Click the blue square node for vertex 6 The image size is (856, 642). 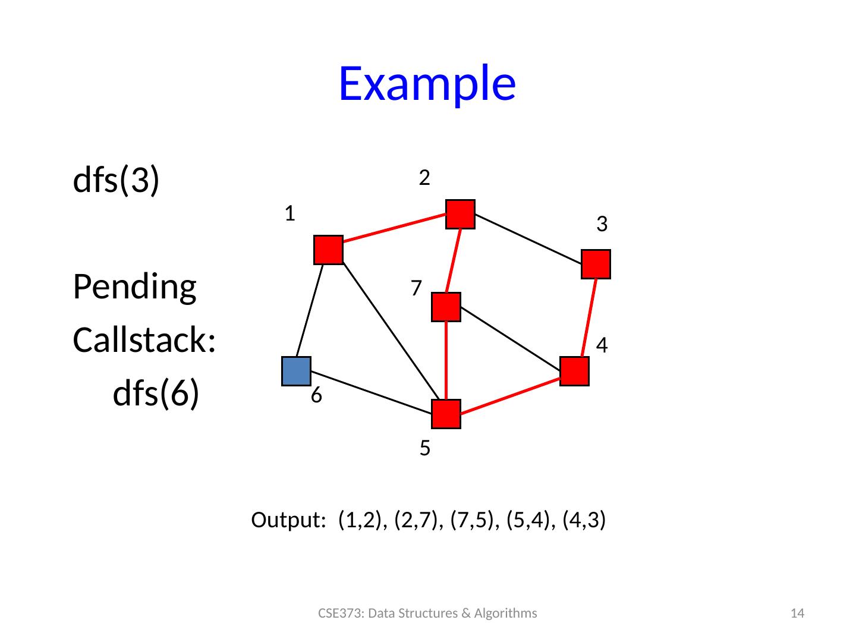click(x=296, y=371)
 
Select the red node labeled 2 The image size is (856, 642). click(x=461, y=215)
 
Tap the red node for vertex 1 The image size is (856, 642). click(x=328, y=250)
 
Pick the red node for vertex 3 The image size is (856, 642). click(x=596, y=265)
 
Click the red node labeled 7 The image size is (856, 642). click(x=446, y=307)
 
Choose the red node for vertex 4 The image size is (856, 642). click(x=574, y=372)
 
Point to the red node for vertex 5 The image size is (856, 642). click(x=446, y=414)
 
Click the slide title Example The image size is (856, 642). click(x=427, y=83)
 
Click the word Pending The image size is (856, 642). click(x=134, y=288)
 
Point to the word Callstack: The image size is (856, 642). click(x=144, y=341)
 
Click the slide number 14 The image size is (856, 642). click(x=800, y=613)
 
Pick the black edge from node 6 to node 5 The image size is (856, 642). click(x=372, y=392)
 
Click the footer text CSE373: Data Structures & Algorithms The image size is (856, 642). click(x=427, y=613)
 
